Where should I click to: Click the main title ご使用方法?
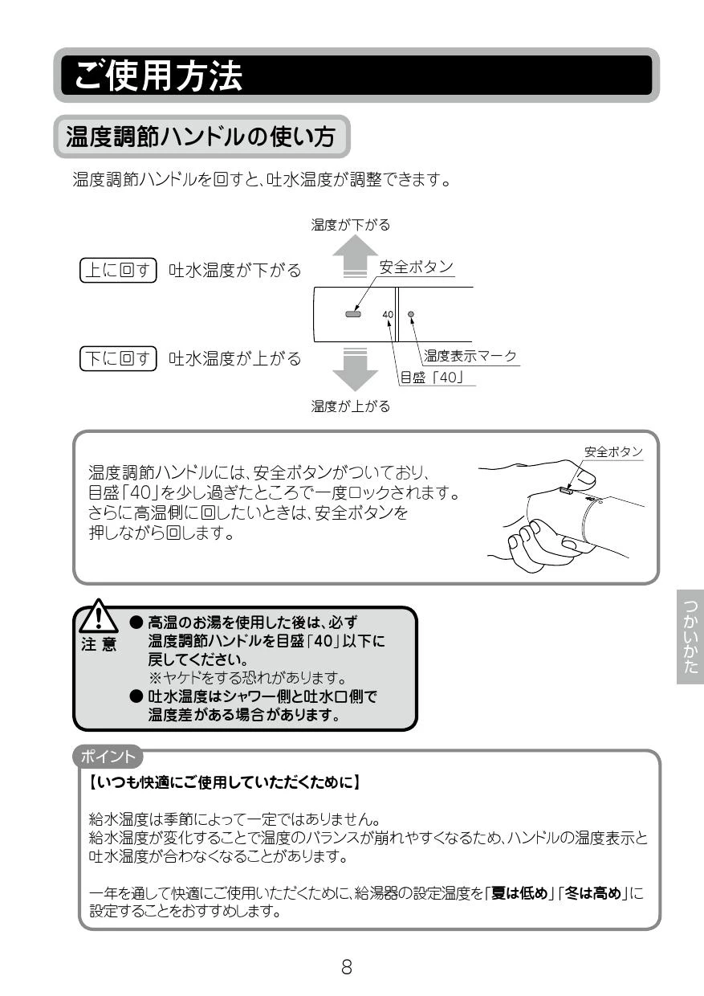[x=158, y=76]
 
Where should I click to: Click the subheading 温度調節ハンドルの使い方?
[x=201, y=136]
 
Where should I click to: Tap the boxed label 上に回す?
[x=118, y=270]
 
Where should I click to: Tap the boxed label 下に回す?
[x=118, y=358]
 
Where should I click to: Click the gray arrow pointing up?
[x=355, y=255]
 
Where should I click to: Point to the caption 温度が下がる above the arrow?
[x=351, y=225]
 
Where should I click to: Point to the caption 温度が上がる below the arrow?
[x=351, y=406]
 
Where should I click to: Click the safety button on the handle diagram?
[x=353, y=314]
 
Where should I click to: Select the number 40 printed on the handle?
[x=388, y=314]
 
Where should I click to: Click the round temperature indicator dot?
[x=411, y=314]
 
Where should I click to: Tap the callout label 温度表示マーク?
[x=470, y=356]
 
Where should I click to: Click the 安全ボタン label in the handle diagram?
[x=416, y=267]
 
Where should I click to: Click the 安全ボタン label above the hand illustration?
[x=613, y=451]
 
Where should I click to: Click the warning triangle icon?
[x=98, y=616]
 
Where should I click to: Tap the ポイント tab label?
[x=108, y=757]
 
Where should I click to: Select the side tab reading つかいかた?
[x=690, y=637]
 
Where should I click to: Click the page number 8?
[x=347, y=967]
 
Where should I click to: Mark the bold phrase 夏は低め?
[x=519, y=893]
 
